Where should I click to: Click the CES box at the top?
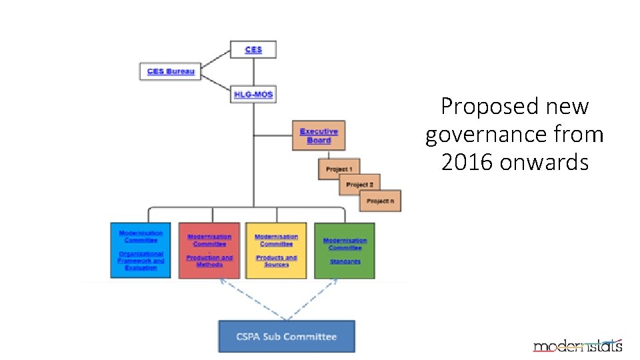[x=253, y=50]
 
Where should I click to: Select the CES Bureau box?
[x=170, y=71]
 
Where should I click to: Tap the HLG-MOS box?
[x=253, y=94]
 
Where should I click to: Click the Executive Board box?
[x=319, y=135]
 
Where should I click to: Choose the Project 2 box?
[x=359, y=184]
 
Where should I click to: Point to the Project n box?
[x=381, y=201]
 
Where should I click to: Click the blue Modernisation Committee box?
[x=140, y=250]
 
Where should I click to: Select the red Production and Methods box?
[x=209, y=250]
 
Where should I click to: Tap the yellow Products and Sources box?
[x=276, y=250]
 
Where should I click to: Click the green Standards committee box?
[x=344, y=250]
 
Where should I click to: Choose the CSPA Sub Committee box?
[x=287, y=337]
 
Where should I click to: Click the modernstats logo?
[x=577, y=345]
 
